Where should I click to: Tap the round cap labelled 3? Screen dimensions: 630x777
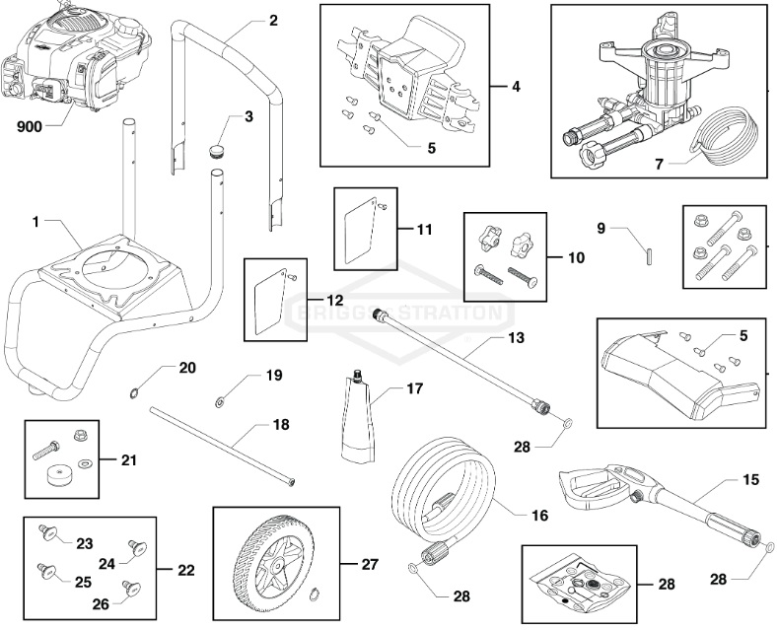click(x=217, y=150)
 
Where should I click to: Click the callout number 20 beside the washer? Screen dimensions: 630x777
click(x=187, y=368)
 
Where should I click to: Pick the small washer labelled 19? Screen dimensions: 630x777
click(x=218, y=401)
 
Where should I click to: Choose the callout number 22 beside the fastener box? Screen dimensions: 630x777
click(x=186, y=570)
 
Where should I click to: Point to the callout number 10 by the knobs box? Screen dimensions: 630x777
click(x=576, y=257)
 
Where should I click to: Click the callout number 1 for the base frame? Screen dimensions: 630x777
click(x=36, y=223)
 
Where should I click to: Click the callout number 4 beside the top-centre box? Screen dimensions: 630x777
click(x=516, y=86)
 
